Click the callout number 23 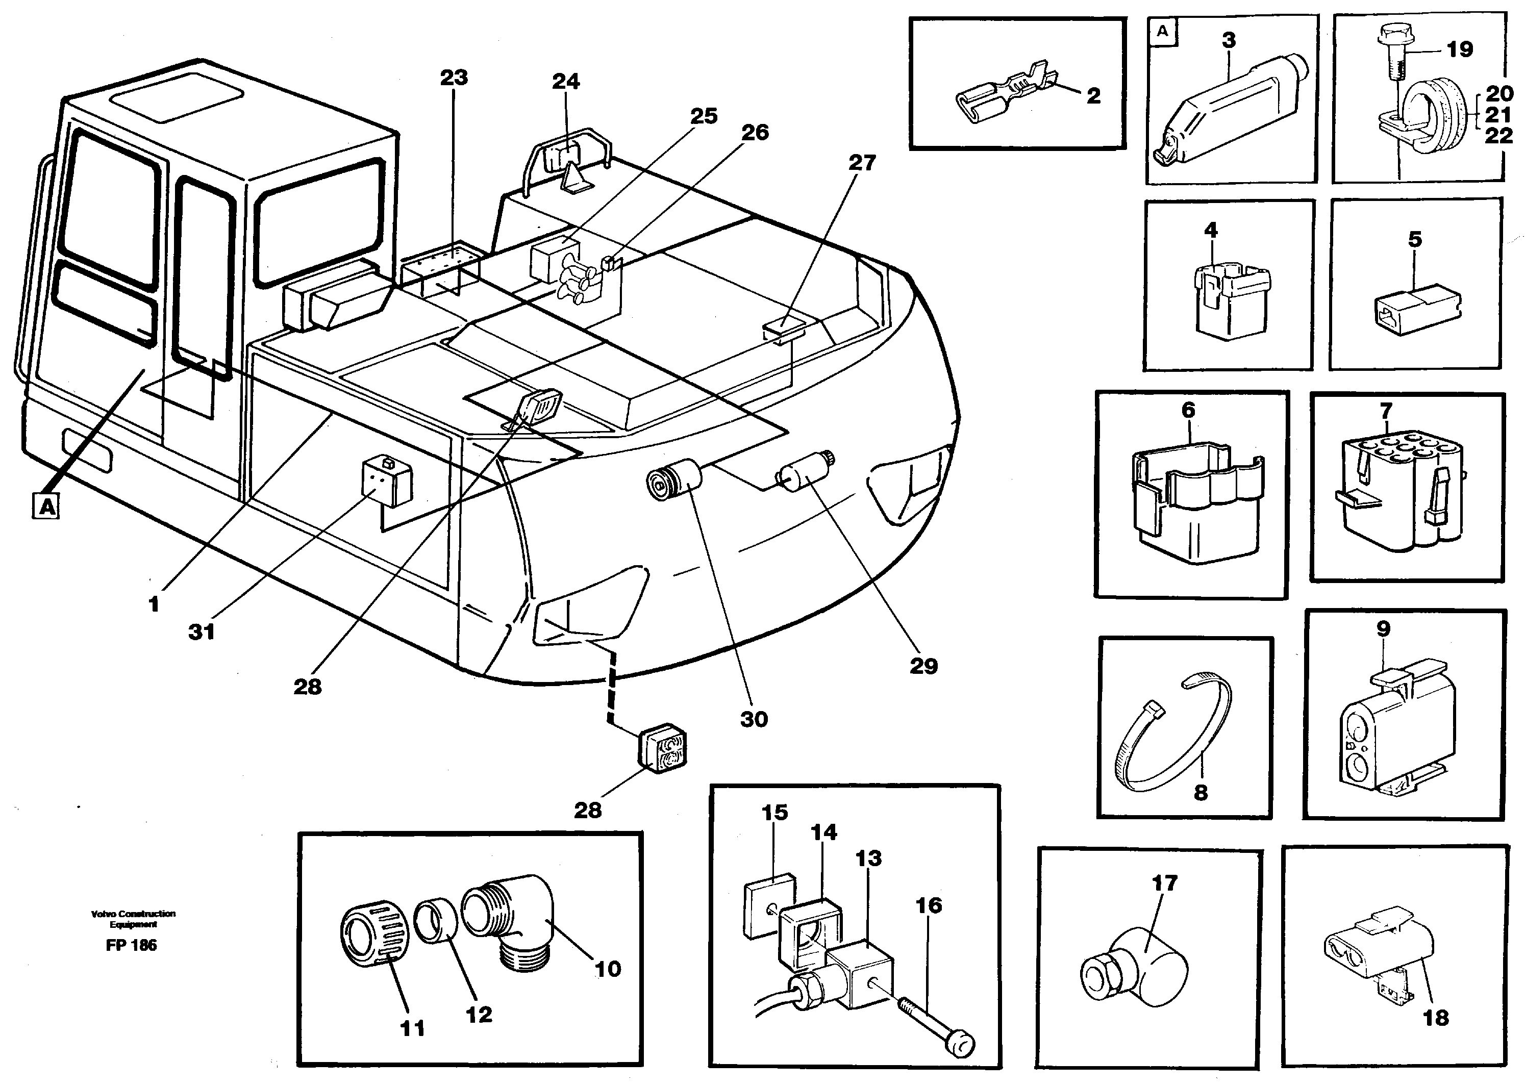pyautogui.click(x=454, y=78)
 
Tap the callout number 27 pyautogui.click(x=862, y=163)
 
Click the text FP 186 pyautogui.click(x=131, y=945)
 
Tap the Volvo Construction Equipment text pyautogui.click(x=133, y=918)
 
